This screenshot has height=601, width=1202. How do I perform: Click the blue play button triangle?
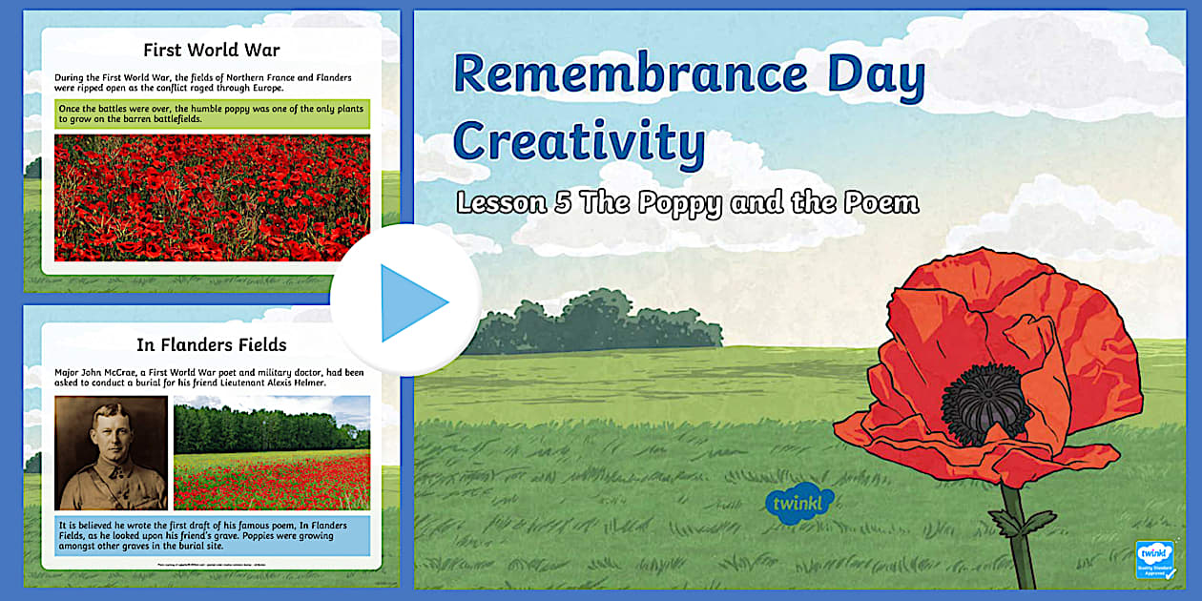pos(411,302)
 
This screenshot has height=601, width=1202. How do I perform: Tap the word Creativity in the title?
pos(579,141)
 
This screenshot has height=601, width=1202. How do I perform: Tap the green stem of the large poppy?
pos(1020,544)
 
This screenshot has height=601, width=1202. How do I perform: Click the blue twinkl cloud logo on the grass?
pos(799,502)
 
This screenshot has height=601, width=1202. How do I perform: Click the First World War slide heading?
pos(211,50)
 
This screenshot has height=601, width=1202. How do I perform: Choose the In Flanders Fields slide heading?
pos(212,344)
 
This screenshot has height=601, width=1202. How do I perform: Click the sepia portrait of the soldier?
pos(111,452)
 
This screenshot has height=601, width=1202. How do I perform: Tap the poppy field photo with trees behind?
pos(272,452)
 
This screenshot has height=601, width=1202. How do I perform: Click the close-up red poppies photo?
pos(212,197)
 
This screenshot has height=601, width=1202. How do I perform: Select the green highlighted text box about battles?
pos(212,114)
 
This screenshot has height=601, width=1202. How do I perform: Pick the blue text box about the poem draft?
pos(212,536)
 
